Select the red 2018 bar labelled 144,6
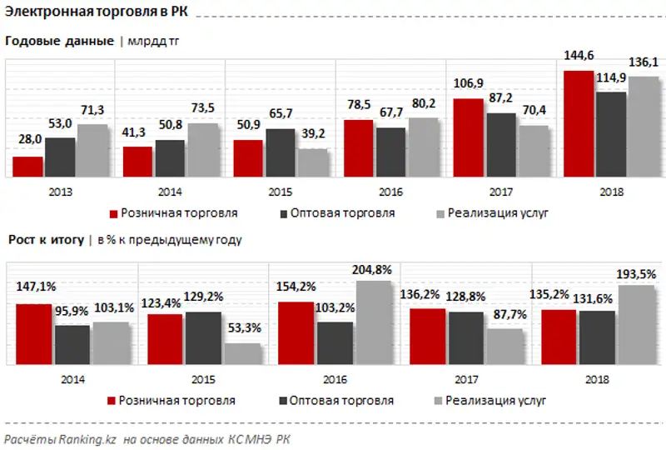click(579, 124)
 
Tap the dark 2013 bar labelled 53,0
click(60, 157)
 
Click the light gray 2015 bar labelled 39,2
click(313, 163)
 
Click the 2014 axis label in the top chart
click(171, 192)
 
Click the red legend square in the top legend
click(115, 213)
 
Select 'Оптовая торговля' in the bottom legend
click(342, 401)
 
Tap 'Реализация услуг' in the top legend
click(498, 213)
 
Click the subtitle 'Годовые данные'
click(59, 41)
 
